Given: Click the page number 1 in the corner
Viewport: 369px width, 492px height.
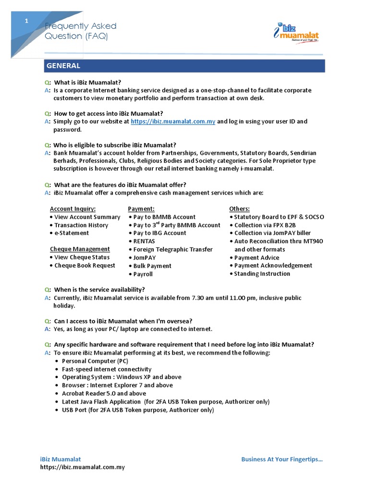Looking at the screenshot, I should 27,21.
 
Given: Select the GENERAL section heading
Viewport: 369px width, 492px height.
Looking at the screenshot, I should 63,66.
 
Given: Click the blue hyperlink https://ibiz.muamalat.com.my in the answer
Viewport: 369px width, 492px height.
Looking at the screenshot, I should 172,122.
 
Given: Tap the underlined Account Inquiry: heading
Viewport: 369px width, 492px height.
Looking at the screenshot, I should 73,209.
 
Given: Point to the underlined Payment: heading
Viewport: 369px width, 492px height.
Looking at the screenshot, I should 141,209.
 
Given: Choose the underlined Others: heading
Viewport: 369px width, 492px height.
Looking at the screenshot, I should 239,209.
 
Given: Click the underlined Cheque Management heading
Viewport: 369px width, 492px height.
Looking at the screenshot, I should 80,249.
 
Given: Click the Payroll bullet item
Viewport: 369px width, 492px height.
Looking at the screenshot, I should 143,274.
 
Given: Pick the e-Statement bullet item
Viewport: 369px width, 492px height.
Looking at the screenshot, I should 71,233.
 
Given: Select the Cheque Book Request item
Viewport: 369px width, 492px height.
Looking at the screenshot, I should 85,266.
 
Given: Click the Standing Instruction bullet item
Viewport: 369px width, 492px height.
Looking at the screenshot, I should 262,274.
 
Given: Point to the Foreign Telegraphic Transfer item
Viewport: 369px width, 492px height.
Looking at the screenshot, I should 172,249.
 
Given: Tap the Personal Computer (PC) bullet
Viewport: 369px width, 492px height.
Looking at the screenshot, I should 95,361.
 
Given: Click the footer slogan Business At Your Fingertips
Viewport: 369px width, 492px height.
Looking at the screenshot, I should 282,459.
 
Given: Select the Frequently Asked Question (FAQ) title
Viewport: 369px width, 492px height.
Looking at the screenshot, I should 80,31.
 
